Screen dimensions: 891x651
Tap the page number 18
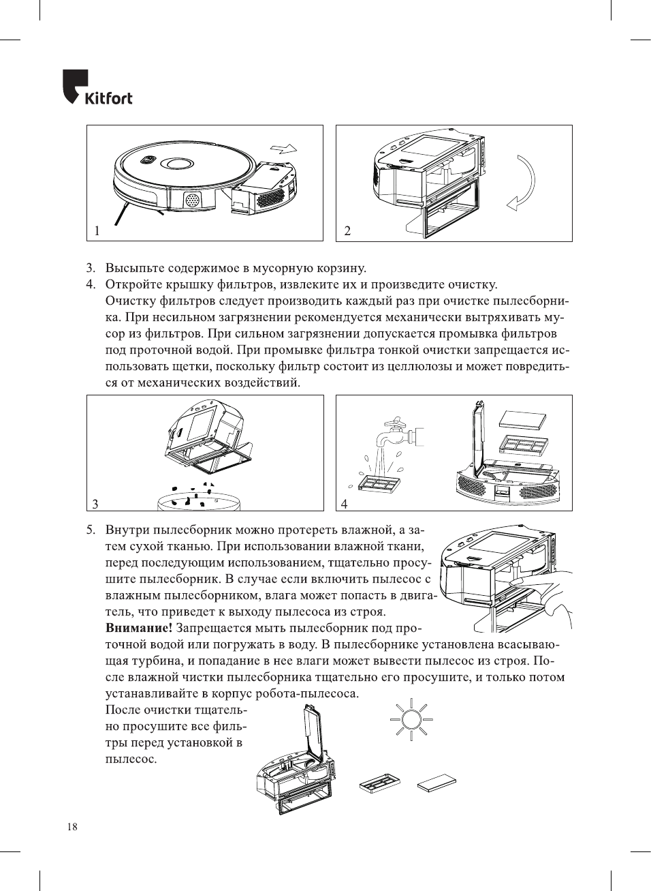(72, 827)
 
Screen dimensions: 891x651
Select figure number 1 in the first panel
(97, 231)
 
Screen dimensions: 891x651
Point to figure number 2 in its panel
(347, 231)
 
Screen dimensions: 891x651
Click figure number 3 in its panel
(95, 504)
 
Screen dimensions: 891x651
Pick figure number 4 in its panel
(344, 504)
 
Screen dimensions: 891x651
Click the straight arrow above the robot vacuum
(283, 148)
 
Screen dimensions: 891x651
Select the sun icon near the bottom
(411, 720)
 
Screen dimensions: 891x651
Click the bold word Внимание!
(139, 628)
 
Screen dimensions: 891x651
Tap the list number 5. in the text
(91, 530)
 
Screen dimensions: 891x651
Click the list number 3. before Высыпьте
(91, 268)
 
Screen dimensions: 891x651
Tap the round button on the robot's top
(176, 164)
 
